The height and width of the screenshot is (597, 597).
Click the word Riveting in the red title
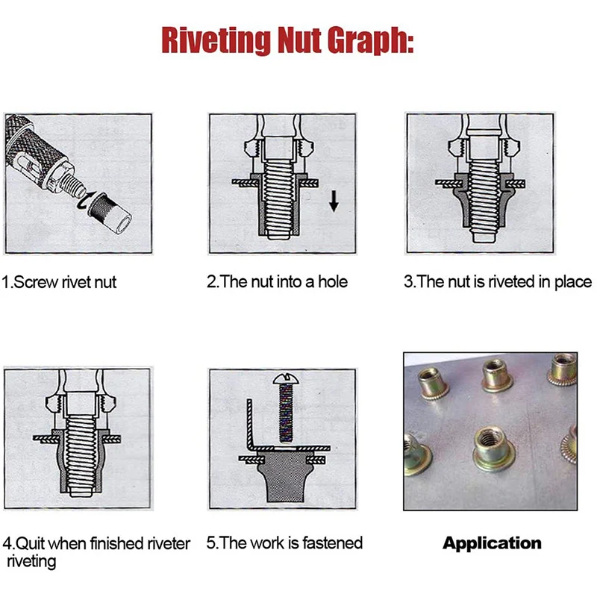[x=216, y=40]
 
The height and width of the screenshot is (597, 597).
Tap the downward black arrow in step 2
[x=334, y=201]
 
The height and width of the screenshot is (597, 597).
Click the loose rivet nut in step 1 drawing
[x=110, y=213]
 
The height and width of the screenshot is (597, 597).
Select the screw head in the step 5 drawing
[x=286, y=379]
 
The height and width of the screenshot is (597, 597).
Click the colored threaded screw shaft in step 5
[x=286, y=413]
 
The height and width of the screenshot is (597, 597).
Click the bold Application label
[x=492, y=543]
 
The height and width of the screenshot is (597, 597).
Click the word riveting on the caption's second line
[x=31, y=562]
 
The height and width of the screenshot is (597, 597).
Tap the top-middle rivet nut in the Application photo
[x=497, y=375]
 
